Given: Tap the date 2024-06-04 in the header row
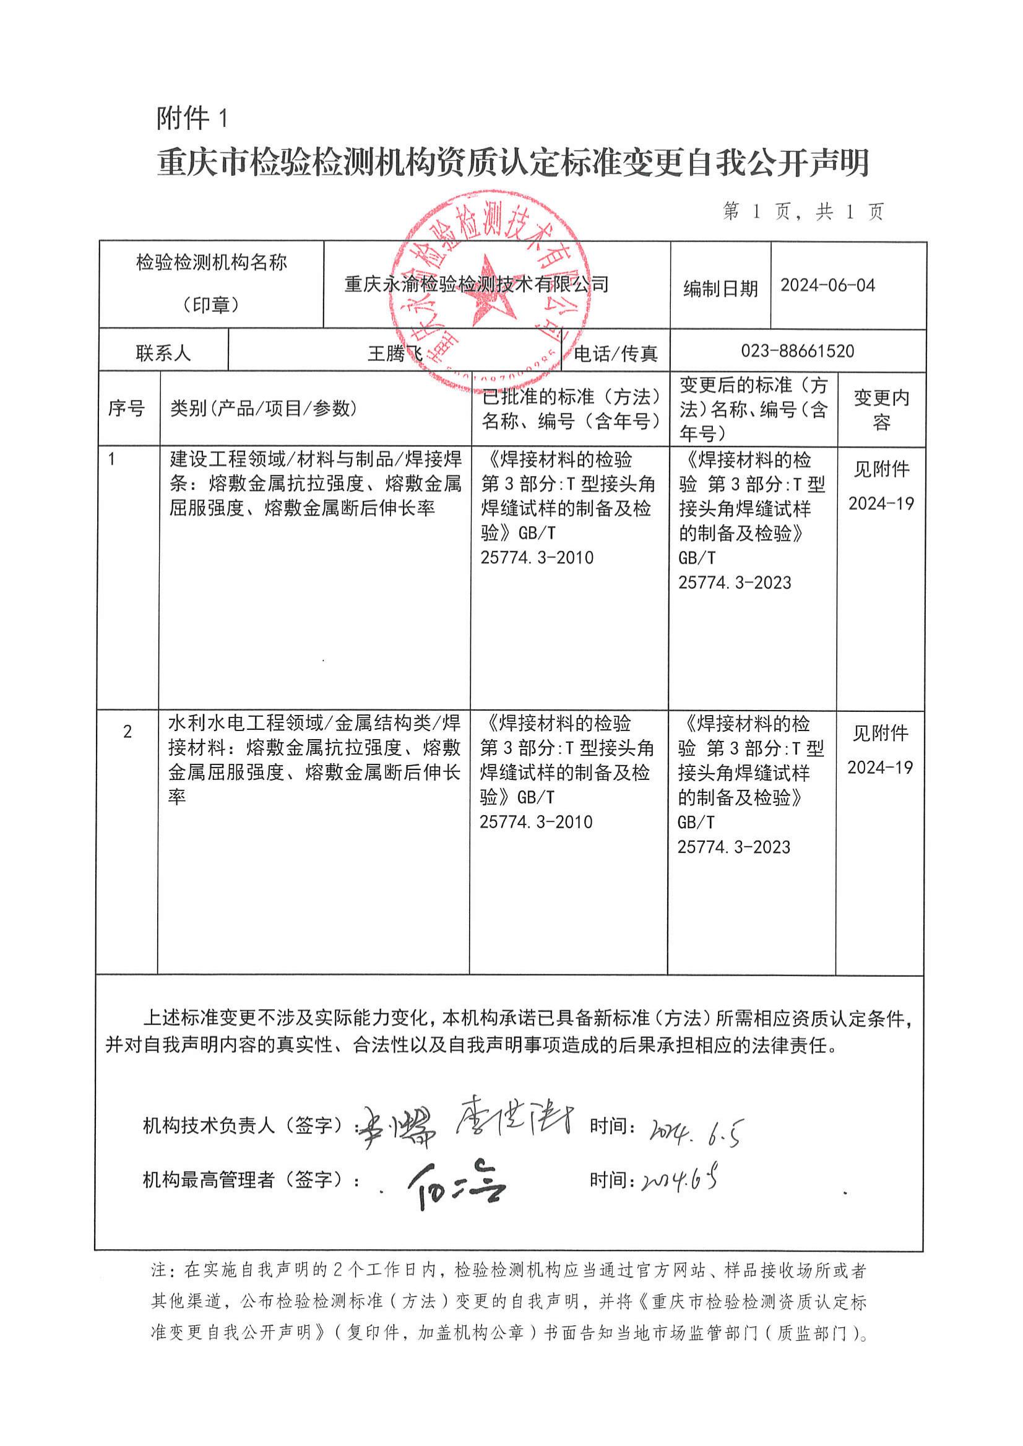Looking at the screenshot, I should pos(827,285).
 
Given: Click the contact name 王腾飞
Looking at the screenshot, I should pos(395,354).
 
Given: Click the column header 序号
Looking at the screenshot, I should pos(126,409).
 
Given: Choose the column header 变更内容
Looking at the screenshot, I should pos(881,410).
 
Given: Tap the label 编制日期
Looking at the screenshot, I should pos(720,288).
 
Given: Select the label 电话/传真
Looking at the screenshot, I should pos(615,354).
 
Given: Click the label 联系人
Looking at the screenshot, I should pos(163,353).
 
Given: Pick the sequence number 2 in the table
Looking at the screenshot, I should pos(128,732).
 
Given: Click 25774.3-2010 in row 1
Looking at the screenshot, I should pos(537,558).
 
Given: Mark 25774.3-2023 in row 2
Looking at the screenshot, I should pos(734,847).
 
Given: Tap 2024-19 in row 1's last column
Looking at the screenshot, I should pos(881,503).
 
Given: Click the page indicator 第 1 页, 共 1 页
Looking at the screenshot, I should pos(803,212).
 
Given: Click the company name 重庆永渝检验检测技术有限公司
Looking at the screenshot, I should pos(477,285).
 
